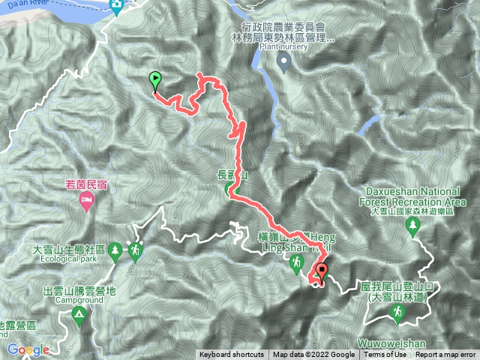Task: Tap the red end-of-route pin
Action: pyautogui.click(x=322, y=271)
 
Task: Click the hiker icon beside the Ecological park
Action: pyautogui.click(x=135, y=250)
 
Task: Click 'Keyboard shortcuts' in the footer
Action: pyautogui.click(x=231, y=355)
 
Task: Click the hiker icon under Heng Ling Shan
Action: pyautogui.click(x=298, y=262)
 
